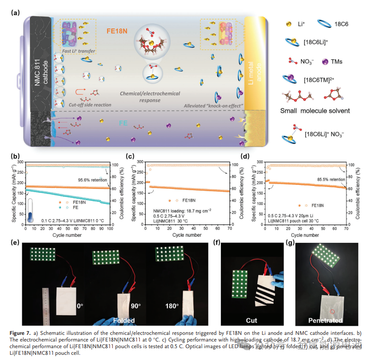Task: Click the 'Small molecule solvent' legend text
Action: click(322, 111)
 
